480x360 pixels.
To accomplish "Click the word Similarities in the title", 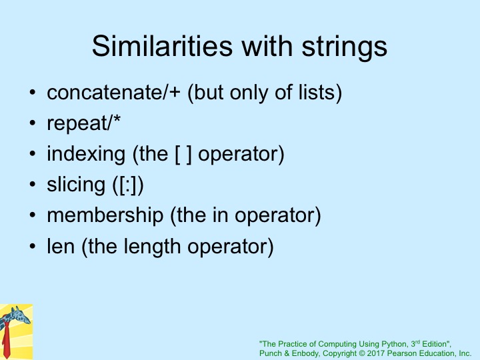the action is coord(162,46).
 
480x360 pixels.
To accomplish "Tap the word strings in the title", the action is coord(345,47).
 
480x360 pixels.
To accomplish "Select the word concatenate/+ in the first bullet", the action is coord(113,93).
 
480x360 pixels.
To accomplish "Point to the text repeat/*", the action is coord(83,123).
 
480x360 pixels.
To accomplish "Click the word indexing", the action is coord(86,155).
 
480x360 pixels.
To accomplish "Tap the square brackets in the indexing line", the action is coord(183,154).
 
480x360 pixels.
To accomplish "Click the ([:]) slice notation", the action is coord(128,185).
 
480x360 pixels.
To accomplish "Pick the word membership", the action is coord(105,215).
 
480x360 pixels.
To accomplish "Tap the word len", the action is coord(61,246).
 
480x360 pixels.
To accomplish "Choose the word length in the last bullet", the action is coord(152,247).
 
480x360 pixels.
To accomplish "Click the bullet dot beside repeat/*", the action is coord(33,123).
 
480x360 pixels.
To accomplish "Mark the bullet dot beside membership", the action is coord(33,215).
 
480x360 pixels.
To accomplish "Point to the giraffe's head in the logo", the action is coord(21,316).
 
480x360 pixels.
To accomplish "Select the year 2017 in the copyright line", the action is coord(375,353).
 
